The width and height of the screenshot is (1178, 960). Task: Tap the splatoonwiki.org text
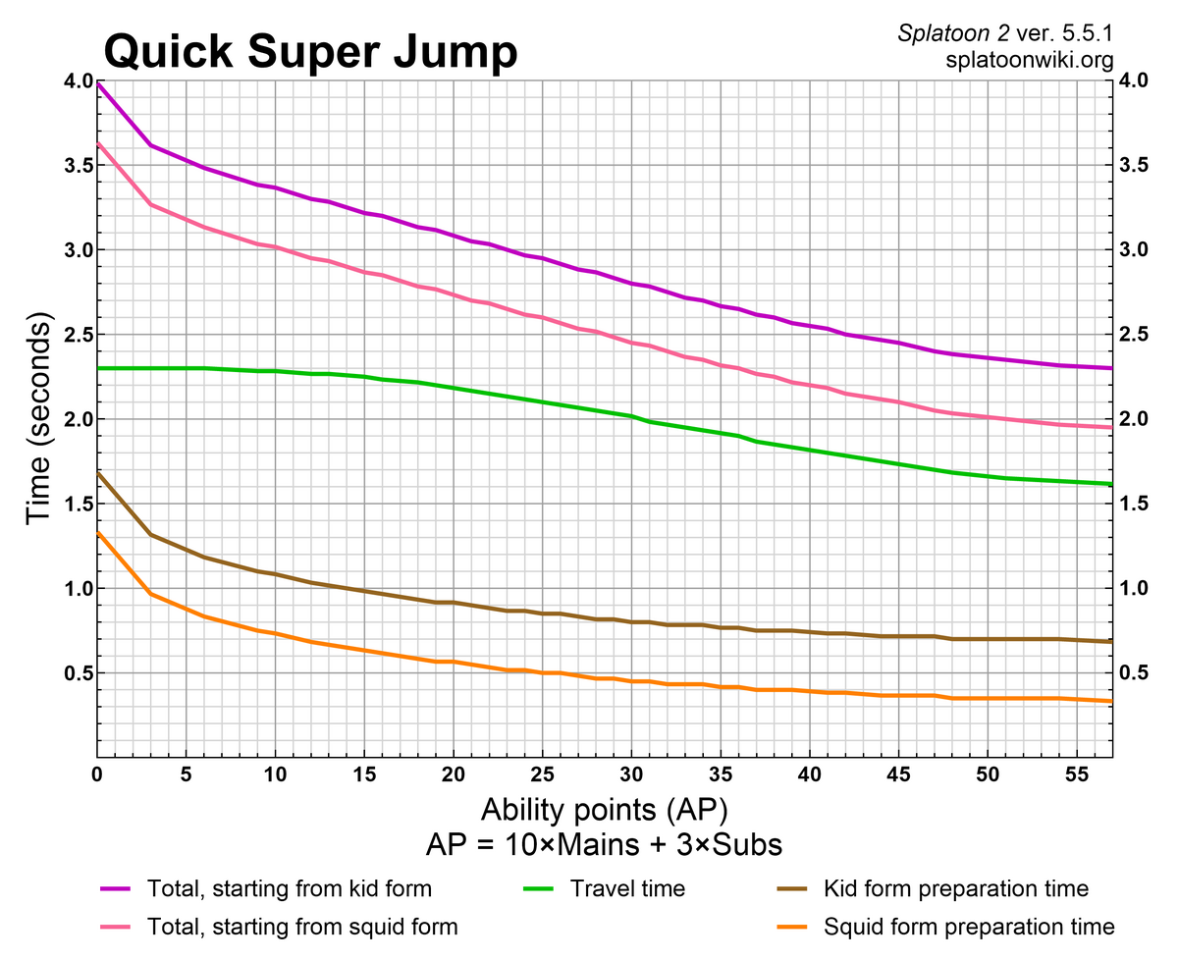[1030, 60]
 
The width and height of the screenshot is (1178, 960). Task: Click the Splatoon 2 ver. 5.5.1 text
[1006, 33]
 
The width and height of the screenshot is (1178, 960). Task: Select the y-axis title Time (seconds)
[39, 419]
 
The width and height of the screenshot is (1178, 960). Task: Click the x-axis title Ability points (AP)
[605, 811]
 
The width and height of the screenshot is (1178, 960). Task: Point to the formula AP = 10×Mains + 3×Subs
[605, 844]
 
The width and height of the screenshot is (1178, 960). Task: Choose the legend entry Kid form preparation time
[956, 889]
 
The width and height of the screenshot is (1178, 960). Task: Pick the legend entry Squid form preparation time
[969, 927]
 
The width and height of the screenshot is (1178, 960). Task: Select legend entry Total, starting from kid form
[289, 889]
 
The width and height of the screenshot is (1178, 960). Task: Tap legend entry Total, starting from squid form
[302, 927]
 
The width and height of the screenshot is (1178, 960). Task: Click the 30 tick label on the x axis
[631, 775]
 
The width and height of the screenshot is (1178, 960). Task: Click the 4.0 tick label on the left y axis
[74, 80]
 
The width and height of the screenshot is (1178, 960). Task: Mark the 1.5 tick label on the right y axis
[1136, 504]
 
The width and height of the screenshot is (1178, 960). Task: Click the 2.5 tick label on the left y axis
[74, 335]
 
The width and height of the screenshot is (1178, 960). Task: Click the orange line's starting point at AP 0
[97, 532]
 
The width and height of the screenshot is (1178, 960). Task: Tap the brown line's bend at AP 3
[150, 534]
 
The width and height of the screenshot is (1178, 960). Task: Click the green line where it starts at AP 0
[97, 368]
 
